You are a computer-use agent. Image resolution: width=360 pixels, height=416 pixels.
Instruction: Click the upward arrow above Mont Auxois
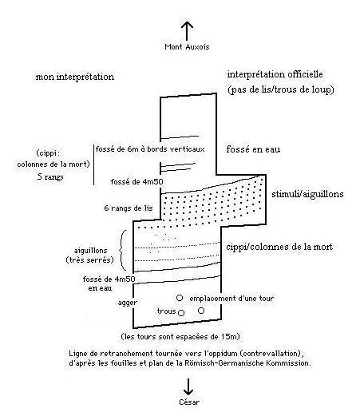click(x=187, y=31)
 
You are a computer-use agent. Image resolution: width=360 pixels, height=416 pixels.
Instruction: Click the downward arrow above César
click(x=188, y=386)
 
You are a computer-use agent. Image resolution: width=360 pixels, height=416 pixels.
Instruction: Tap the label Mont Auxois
click(x=187, y=47)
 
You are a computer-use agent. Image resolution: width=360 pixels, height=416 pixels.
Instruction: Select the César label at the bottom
click(x=189, y=402)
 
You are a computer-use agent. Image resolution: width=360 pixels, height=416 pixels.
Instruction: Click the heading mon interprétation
click(x=75, y=77)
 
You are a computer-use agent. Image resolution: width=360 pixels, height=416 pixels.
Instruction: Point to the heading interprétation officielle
click(x=275, y=74)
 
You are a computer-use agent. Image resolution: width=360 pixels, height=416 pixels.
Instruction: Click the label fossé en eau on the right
click(x=253, y=149)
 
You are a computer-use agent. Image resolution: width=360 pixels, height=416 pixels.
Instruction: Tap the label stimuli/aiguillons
click(x=307, y=194)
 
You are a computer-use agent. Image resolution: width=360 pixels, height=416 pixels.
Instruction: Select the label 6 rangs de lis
click(x=129, y=208)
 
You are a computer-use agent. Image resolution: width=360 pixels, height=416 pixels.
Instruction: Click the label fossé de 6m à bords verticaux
click(x=150, y=149)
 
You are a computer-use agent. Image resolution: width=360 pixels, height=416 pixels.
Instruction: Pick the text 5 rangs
click(x=50, y=176)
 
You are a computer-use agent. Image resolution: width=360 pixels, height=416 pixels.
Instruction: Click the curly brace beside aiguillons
click(x=121, y=250)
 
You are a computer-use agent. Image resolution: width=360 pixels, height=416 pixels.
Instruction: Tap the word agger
click(x=128, y=303)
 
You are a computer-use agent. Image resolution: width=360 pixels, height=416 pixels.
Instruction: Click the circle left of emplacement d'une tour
click(x=180, y=298)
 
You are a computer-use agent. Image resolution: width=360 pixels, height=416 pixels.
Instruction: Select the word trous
click(x=167, y=311)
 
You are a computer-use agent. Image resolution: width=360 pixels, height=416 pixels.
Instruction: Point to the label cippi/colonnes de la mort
click(x=279, y=247)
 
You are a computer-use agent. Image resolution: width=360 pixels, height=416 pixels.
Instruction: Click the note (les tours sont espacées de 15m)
click(x=180, y=337)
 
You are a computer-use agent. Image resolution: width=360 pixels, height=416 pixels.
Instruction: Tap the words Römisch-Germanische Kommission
click(x=247, y=363)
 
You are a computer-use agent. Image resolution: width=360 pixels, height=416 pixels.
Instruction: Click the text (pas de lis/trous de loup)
click(x=281, y=89)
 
